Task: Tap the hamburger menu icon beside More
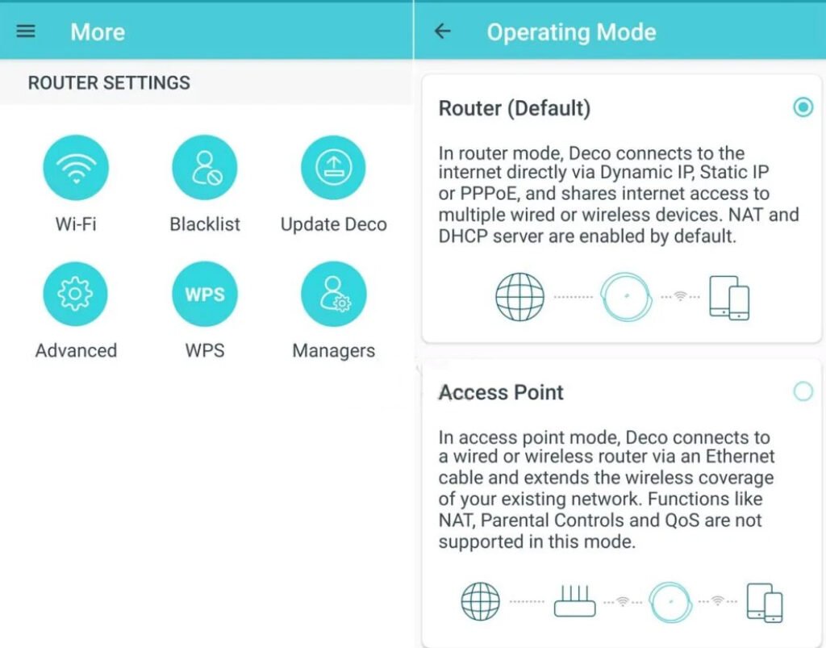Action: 27,31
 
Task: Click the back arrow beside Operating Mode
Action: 443,31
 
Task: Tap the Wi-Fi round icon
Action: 75,167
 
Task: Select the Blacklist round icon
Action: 205,167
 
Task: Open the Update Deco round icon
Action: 333,167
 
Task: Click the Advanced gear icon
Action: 75,294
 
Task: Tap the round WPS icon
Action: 205,294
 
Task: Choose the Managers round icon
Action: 333,294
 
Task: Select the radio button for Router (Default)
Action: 803,107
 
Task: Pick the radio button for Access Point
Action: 803,392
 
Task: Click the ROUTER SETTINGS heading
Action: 109,82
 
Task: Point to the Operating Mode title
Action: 571,32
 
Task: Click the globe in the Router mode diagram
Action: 519,297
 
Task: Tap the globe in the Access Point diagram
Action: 481,601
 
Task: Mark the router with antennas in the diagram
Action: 574,600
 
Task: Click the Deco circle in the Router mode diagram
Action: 626,297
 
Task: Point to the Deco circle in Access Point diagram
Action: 671,601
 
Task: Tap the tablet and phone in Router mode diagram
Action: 729,298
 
